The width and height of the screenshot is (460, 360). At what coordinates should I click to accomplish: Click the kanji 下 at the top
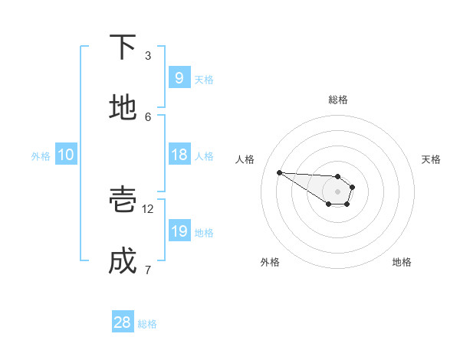123,47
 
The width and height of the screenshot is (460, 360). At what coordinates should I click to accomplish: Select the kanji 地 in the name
123,108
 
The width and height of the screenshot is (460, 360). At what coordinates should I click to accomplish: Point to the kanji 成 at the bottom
123,261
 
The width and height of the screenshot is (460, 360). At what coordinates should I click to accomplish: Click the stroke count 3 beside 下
148,55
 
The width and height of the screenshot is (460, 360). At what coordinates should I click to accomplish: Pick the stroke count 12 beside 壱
148,208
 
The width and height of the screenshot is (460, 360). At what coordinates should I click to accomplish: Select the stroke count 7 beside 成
148,269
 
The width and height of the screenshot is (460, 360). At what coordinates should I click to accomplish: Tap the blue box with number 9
179,78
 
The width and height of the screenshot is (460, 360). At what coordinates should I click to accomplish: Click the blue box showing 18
179,155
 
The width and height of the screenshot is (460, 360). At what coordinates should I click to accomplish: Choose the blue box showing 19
179,231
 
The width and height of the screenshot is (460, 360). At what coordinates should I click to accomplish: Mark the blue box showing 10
66,155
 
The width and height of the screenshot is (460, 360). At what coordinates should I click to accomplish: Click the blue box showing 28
123,322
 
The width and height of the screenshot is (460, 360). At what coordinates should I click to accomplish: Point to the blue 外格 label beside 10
41,155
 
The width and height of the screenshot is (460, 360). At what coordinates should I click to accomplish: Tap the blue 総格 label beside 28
147,324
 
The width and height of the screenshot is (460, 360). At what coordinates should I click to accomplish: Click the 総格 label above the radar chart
338,100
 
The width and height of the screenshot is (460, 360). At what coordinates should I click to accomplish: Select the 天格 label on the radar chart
432,159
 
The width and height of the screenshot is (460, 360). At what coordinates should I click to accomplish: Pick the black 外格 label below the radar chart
269,263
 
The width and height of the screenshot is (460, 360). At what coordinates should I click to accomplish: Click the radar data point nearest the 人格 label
279,172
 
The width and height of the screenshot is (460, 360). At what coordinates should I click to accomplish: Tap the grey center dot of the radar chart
337,191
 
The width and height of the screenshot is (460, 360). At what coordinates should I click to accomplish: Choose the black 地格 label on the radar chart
402,263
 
